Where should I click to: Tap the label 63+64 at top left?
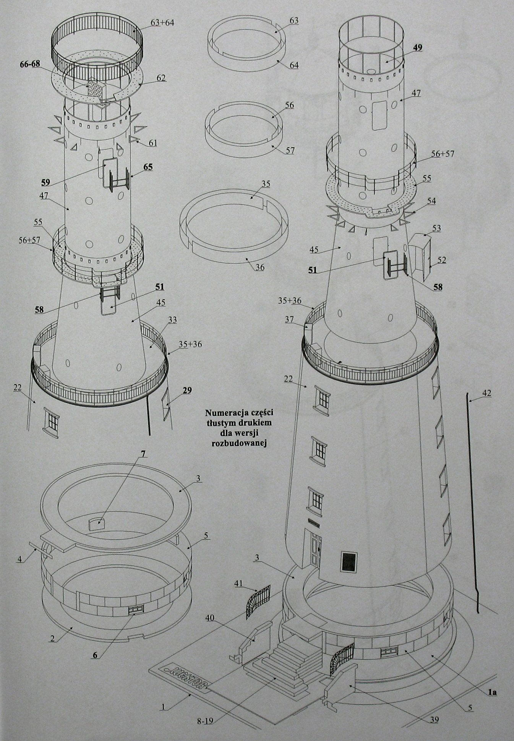[x=162, y=23]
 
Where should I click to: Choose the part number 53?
[x=436, y=228]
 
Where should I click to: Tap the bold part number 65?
[x=148, y=167]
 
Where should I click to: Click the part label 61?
[x=153, y=143]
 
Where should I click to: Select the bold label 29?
[x=186, y=390]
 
